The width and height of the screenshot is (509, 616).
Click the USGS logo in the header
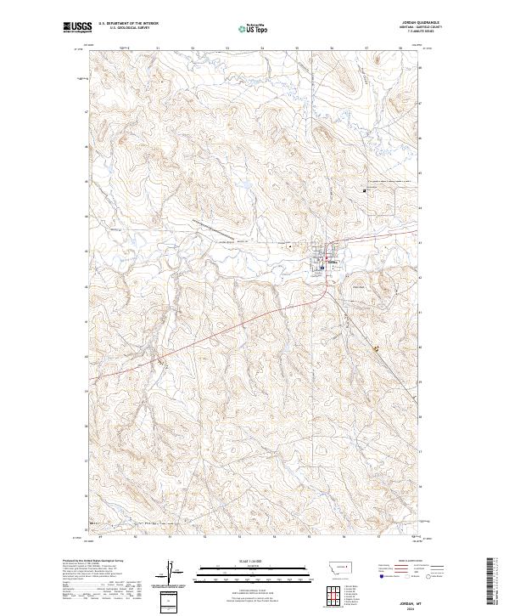pos(77,27)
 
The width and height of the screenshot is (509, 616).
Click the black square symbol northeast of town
pos(366,190)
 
